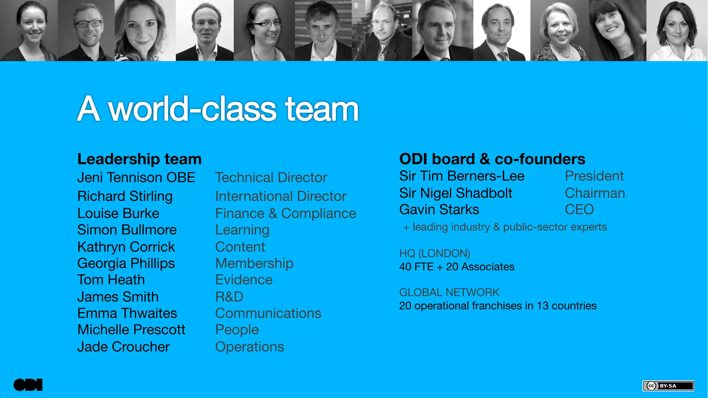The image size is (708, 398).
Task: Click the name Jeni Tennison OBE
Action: (136, 178)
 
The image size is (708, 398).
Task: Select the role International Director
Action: (280, 196)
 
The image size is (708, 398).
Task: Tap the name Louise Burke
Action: (118, 214)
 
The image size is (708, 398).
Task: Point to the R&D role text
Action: (229, 297)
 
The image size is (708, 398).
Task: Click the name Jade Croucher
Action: (123, 347)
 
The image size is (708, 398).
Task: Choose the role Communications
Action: (268, 313)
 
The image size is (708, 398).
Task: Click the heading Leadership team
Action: (139, 159)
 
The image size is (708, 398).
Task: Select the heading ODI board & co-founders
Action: (492, 159)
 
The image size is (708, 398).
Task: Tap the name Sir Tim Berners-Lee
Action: (462, 176)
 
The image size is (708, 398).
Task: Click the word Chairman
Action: (595, 193)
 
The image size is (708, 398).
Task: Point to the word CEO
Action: (579, 210)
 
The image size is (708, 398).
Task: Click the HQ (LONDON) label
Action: (435, 253)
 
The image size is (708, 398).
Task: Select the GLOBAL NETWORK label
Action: (449, 293)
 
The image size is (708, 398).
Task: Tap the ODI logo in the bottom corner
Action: (28, 385)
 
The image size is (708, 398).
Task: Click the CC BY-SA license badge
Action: (668, 386)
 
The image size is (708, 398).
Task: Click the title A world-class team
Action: (218, 109)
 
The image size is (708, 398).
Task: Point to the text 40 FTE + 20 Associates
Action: (457, 267)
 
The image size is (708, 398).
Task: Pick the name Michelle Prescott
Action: (131, 330)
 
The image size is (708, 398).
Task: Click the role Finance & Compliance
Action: (286, 214)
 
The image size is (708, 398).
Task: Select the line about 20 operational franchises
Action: (498, 306)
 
